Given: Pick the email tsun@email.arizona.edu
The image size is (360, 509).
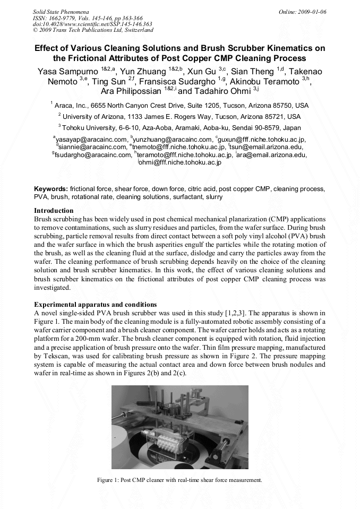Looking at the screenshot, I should [x=267, y=147].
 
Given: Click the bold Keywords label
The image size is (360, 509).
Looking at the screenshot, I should [x=51, y=189].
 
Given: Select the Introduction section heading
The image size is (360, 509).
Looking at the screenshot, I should [x=54, y=211].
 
